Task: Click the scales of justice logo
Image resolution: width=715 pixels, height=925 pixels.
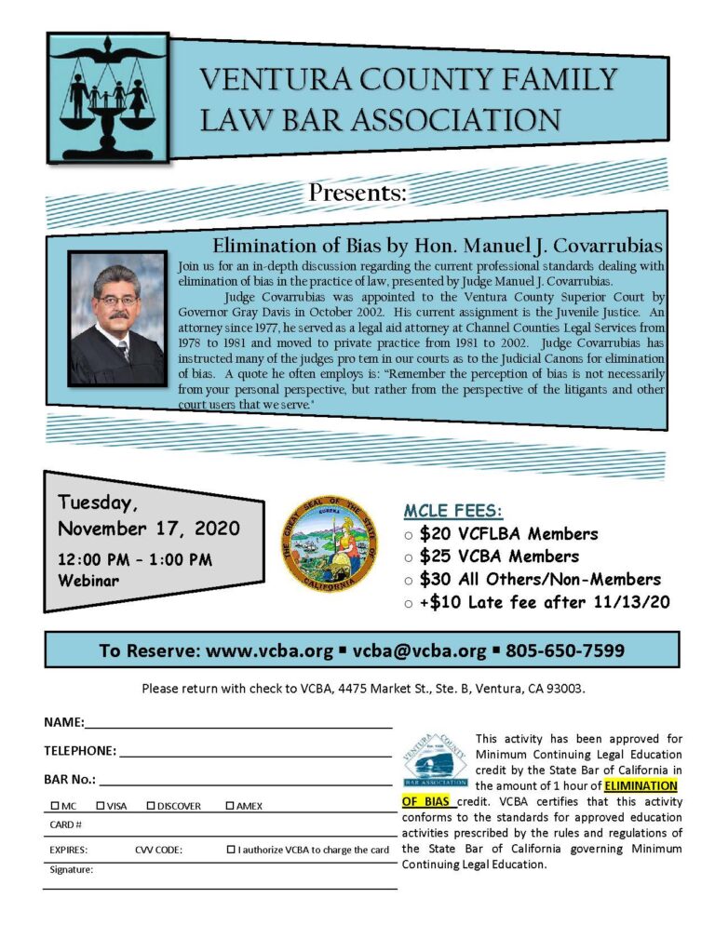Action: (x=109, y=98)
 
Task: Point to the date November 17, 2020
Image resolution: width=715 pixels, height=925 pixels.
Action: (x=149, y=529)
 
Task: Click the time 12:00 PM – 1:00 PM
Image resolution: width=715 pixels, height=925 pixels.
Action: (x=135, y=559)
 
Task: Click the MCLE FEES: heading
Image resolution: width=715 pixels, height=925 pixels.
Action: (x=452, y=511)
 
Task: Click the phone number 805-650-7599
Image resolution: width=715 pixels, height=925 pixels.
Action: (x=565, y=650)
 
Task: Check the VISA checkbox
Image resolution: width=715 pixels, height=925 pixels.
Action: (x=101, y=805)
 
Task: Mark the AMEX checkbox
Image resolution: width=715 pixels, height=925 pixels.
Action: (x=230, y=805)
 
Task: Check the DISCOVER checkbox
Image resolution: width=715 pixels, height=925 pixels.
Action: (x=151, y=805)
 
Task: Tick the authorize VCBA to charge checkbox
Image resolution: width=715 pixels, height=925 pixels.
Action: (x=231, y=850)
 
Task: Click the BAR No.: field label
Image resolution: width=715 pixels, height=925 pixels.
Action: (x=70, y=779)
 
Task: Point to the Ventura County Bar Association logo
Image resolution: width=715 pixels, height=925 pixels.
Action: (x=436, y=758)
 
